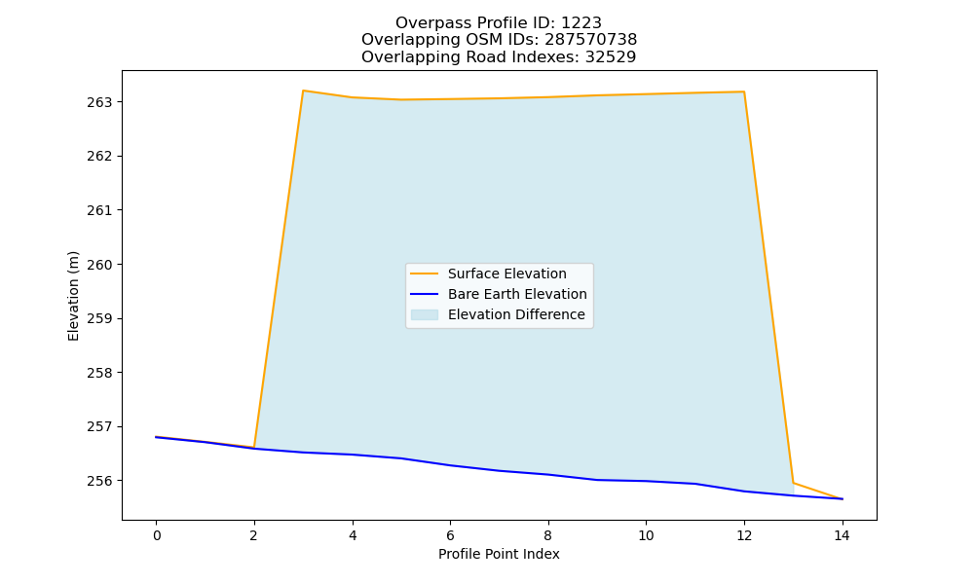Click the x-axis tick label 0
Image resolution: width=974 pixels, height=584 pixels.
(x=157, y=535)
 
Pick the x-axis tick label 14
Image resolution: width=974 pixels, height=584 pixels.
(x=842, y=535)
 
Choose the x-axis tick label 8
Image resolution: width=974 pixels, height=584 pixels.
(x=547, y=535)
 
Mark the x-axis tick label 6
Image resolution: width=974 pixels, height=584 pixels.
(x=450, y=535)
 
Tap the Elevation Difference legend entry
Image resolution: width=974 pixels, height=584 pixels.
(x=498, y=314)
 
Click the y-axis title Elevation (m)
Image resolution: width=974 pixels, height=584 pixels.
(x=73, y=296)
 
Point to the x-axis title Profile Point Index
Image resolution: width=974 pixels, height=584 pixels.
(x=499, y=554)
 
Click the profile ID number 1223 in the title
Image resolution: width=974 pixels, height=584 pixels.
(x=581, y=23)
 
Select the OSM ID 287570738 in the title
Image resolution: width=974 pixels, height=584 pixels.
(x=591, y=40)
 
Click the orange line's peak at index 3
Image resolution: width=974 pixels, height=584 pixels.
(x=303, y=91)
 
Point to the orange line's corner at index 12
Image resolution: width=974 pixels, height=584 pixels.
(x=743, y=91)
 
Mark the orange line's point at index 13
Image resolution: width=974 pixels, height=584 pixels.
(x=793, y=483)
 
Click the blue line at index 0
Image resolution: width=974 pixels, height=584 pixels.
(x=157, y=438)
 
